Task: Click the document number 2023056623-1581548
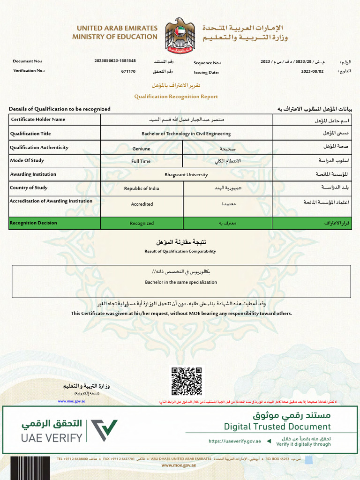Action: pyautogui.click(x=115, y=61)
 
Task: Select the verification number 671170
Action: pyautogui.click(x=128, y=72)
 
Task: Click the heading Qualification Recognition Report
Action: pyautogui.click(x=176, y=97)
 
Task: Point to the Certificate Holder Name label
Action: pyautogui.click(x=38, y=120)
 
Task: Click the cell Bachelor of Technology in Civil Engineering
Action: pyautogui.click(x=186, y=134)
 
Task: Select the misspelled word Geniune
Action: pyautogui.click(x=141, y=149)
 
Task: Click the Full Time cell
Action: pyautogui.click(x=141, y=161)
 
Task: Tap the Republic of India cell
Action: pyautogui.click(x=141, y=188)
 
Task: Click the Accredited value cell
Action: pyautogui.click(x=142, y=204)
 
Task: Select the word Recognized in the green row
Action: pyautogui.click(x=142, y=224)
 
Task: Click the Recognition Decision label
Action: pyautogui.click(x=34, y=223)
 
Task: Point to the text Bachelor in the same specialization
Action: pyautogui.click(x=181, y=282)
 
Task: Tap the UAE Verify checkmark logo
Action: pyautogui.click(x=104, y=430)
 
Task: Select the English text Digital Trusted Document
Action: pyautogui.click(x=277, y=427)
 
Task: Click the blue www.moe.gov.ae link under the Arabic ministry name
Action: pyautogui.click(x=71, y=401)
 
